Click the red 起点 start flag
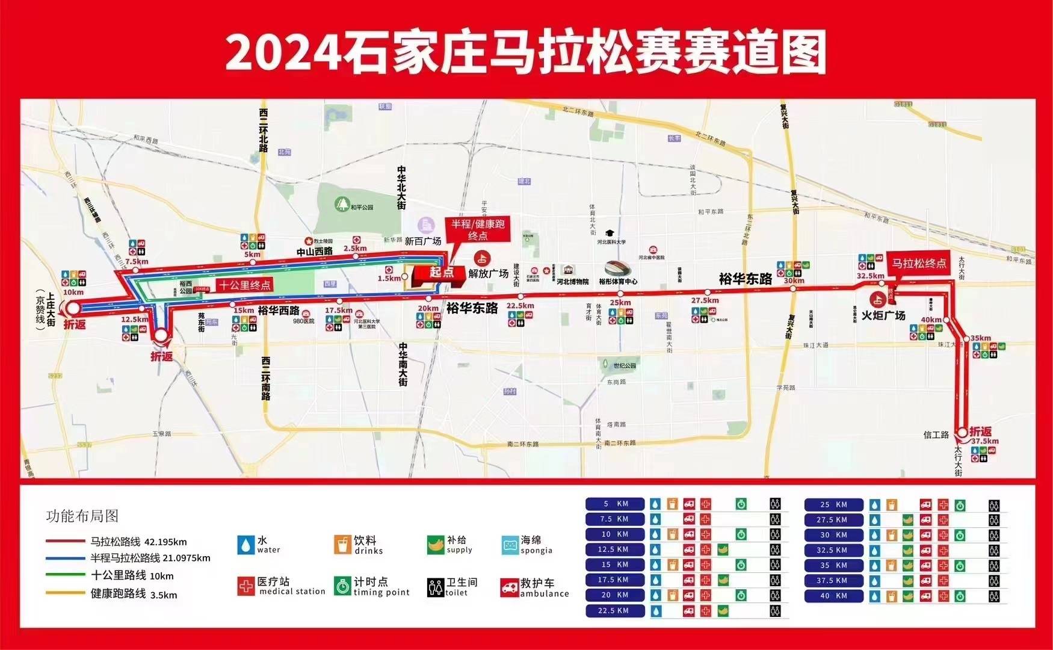click(441, 272)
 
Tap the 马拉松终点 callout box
click(919, 263)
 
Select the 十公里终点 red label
click(244, 285)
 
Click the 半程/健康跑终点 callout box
click(478, 229)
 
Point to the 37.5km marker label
click(984, 441)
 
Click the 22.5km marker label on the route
click(520, 306)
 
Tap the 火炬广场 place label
click(883, 315)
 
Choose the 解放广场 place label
click(489, 274)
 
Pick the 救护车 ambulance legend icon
click(510, 587)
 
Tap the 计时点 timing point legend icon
click(343, 586)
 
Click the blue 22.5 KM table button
click(615, 610)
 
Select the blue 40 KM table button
click(833, 596)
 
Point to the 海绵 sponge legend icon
click(510, 545)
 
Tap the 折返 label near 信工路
click(980, 432)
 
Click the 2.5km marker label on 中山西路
click(355, 248)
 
